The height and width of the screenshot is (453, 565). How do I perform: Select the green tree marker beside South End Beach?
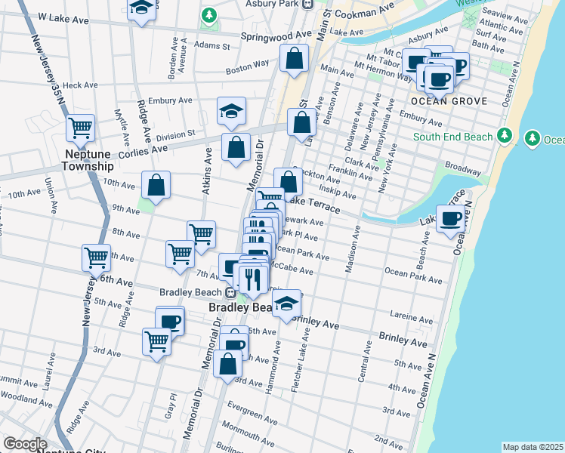(505, 136)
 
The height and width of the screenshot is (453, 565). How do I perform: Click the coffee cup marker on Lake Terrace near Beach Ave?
(452, 220)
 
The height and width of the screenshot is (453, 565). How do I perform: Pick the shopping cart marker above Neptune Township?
(80, 128)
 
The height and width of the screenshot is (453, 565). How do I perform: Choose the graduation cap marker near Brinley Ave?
(286, 305)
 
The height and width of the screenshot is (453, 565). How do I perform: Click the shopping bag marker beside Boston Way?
(294, 58)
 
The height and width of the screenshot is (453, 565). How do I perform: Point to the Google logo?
(25, 445)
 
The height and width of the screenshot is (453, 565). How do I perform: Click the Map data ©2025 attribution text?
(533, 447)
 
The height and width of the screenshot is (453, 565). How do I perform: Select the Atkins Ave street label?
(207, 172)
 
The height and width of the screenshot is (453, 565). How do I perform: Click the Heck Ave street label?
(81, 85)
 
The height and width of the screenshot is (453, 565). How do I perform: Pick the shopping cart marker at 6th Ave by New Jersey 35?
(96, 258)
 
